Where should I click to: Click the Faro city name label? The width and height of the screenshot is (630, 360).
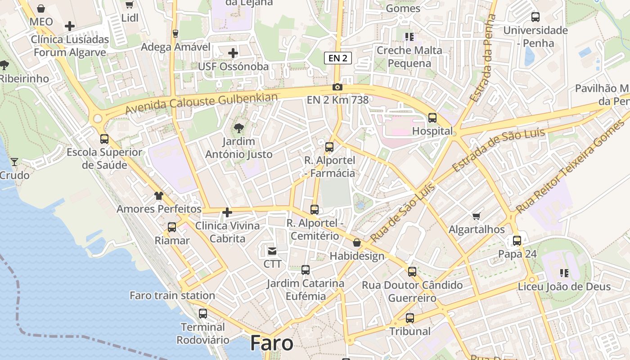pyautogui.click(x=272, y=343)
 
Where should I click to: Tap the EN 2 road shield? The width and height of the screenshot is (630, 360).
pyautogui.click(x=337, y=58)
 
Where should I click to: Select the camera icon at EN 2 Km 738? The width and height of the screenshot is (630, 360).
pyautogui.click(x=337, y=87)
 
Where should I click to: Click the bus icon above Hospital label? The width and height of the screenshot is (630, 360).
pyautogui.click(x=432, y=118)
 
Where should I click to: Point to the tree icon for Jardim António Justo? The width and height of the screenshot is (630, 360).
pyautogui.click(x=239, y=128)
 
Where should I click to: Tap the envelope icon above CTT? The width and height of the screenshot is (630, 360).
pyautogui.click(x=272, y=251)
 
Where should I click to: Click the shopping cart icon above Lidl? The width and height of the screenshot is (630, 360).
pyautogui.click(x=130, y=4)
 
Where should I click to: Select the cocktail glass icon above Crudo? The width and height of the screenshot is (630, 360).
pyautogui.click(x=14, y=162)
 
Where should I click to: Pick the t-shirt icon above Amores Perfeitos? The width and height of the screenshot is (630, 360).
pyautogui.click(x=159, y=196)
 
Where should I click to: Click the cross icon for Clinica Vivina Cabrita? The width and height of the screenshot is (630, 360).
pyautogui.click(x=227, y=212)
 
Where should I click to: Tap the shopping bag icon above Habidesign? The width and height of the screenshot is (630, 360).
pyautogui.click(x=357, y=243)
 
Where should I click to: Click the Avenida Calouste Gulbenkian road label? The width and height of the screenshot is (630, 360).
pyautogui.click(x=202, y=103)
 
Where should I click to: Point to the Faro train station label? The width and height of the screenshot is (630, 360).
pyautogui.click(x=172, y=296)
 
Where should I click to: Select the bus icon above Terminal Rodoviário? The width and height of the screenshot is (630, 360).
pyautogui.click(x=203, y=313)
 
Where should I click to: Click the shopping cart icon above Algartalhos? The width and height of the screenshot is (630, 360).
pyautogui.click(x=477, y=216)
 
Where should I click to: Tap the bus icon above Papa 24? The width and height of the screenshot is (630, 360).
pyautogui.click(x=517, y=241)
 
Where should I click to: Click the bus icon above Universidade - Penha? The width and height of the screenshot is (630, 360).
pyautogui.click(x=535, y=17)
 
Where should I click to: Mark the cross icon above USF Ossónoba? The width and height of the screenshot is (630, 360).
pyautogui.click(x=233, y=53)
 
